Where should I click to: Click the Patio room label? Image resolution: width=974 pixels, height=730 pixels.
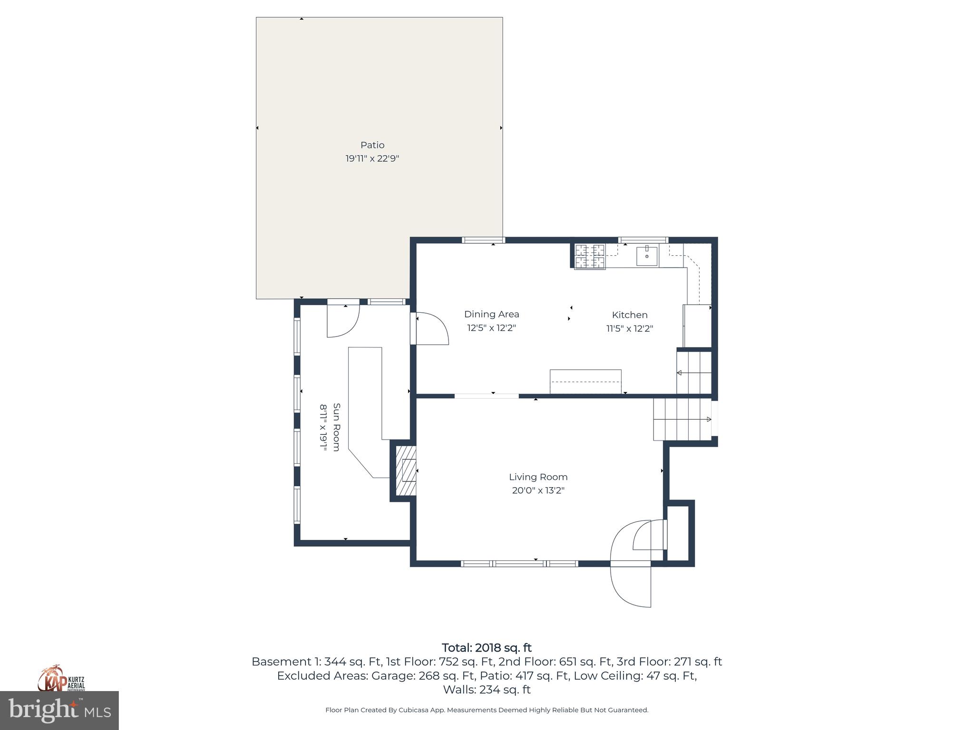click(x=372, y=145)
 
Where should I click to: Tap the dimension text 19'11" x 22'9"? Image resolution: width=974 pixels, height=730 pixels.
click(x=372, y=158)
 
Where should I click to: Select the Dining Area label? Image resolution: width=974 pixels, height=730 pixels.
click(x=491, y=314)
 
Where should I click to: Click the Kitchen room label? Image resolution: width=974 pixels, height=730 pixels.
click(x=629, y=315)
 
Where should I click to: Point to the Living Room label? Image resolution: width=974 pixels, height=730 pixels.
click(x=538, y=477)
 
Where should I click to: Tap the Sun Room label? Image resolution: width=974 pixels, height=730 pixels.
click(x=336, y=427)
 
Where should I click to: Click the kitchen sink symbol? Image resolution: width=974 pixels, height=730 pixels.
click(x=647, y=256)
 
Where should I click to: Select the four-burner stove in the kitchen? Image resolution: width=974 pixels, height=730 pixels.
click(x=590, y=256)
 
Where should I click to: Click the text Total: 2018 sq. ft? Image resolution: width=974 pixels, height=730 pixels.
click(x=487, y=648)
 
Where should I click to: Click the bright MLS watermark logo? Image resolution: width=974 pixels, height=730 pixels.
click(x=59, y=711)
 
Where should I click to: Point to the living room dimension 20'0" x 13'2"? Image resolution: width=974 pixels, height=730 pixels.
click(x=538, y=490)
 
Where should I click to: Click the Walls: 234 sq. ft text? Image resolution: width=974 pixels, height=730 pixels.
click(x=487, y=689)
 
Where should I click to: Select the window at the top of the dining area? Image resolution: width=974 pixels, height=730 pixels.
click(x=483, y=240)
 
